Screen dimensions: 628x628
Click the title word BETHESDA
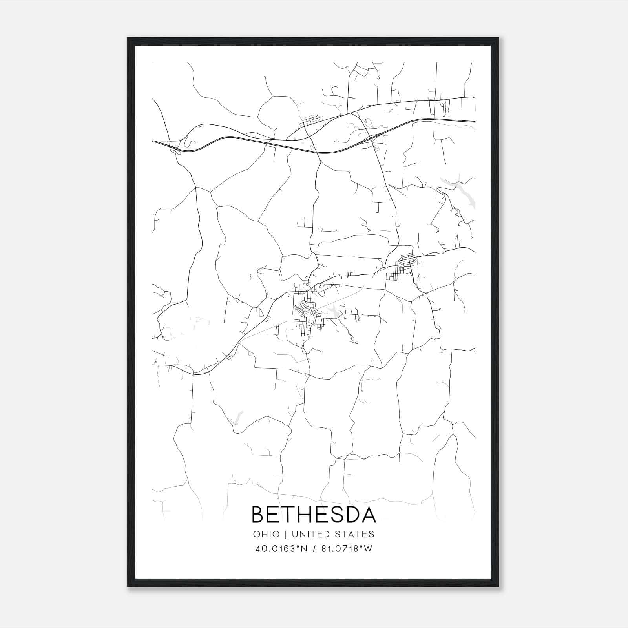pos(314,515)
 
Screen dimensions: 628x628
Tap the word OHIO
pos(267,534)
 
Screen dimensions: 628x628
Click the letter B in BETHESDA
pos(259,515)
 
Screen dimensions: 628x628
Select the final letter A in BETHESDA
pos(369,515)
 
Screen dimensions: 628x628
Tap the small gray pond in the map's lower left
pos(237,417)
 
